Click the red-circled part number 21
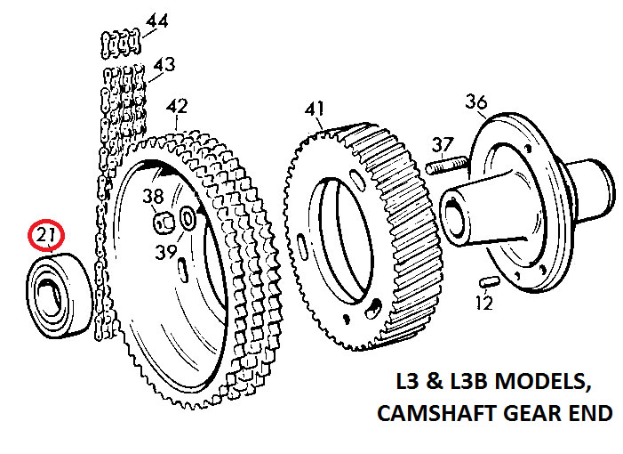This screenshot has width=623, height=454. pyautogui.click(x=44, y=237)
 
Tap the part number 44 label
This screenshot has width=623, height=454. pyautogui.click(x=156, y=20)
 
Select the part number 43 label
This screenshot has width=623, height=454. pyautogui.click(x=163, y=64)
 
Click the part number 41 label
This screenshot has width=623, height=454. pyautogui.click(x=314, y=109)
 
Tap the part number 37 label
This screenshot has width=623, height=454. pyautogui.click(x=443, y=144)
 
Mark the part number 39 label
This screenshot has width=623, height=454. pyautogui.click(x=164, y=252)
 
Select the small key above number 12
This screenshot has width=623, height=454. pyautogui.click(x=487, y=280)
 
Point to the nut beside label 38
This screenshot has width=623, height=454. pyautogui.click(x=164, y=219)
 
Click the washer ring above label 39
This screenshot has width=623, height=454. pyautogui.click(x=188, y=218)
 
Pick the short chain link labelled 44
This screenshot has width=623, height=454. pyautogui.click(x=122, y=40)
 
